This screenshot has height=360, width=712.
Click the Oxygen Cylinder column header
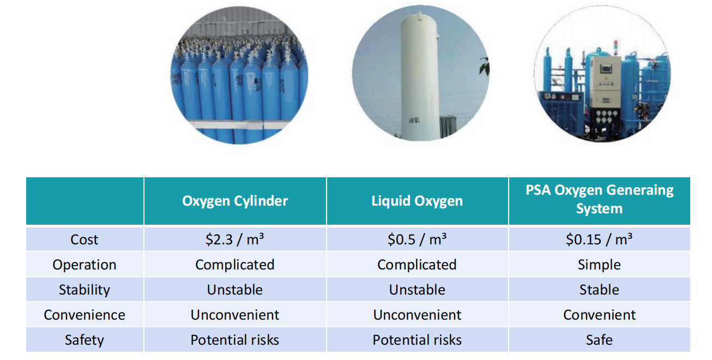(x=235, y=201)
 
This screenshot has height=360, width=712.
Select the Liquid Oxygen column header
(x=417, y=201)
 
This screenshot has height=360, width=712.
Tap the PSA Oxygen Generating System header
(x=600, y=199)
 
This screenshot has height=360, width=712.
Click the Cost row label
(x=85, y=239)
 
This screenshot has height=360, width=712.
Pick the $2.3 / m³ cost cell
(x=234, y=239)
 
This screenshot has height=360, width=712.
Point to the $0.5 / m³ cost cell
(x=417, y=239)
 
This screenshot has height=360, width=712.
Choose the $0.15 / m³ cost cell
(x=599, y=239)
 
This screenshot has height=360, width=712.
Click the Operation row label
(x=85, y=265)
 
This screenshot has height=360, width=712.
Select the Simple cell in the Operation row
(x=599, y=265)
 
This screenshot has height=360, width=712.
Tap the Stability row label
(x=85, y=290)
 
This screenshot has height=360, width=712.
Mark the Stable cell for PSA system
(x=599, y=290)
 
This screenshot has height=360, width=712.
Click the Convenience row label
(x=85, y=315)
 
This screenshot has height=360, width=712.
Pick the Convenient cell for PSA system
(x=600, y=315)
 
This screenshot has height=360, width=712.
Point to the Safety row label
(x=85, y=340)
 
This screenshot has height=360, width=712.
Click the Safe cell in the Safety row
(x=599, y=340)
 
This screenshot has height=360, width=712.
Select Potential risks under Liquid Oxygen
(x=417, y=340)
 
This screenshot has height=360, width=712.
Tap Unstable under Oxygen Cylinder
(x=234, y=290)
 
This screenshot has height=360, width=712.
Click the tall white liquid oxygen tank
(x=420, y=76)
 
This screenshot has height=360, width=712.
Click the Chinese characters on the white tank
(x=414, y=121)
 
